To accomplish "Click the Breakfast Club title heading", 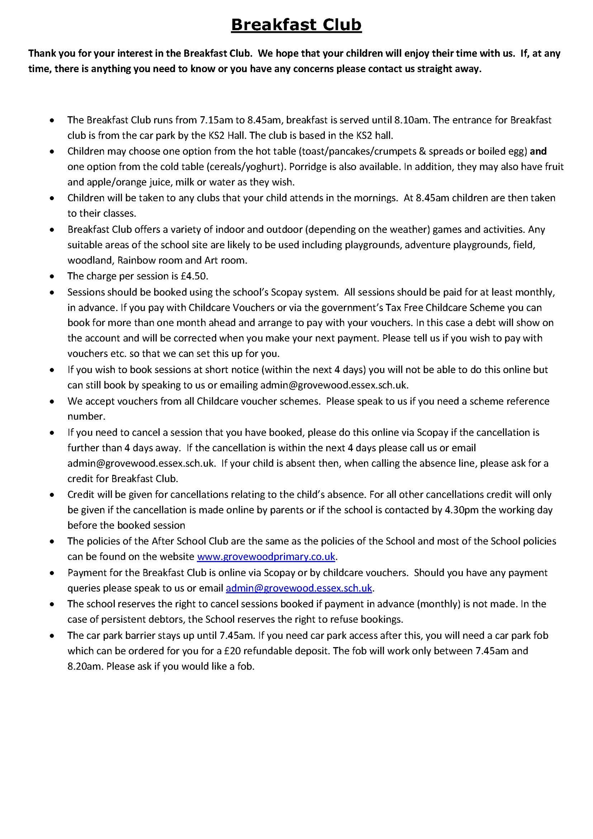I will pyautogui.click(x=296, y=25).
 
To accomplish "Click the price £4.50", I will pyautogui.click(x=194, y=276).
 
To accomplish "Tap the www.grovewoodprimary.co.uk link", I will pyautogui.click(x=266, y=557).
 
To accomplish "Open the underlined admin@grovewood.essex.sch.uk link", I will pyautogui.click(x=299, y=588).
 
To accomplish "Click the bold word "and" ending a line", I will pyautogui.click(x=538, y=152).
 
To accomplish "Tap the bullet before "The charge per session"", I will pyautogui.click(x=52, y=277).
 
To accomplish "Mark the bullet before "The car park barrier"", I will pyautogui.click(x=52, y=636).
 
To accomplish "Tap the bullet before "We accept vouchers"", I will pyautogui.click(x=52, y=402).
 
